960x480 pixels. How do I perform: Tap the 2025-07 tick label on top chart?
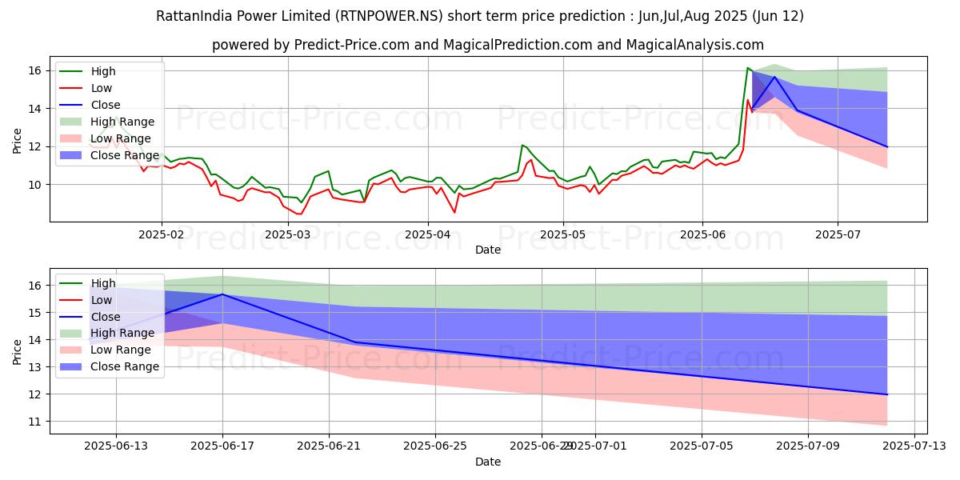(838, 235)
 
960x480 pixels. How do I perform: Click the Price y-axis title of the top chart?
(18, 141)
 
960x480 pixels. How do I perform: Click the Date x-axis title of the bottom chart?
(488, 462)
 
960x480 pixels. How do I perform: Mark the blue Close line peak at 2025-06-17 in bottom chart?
(222, 294)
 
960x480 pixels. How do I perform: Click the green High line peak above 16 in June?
(747, 68)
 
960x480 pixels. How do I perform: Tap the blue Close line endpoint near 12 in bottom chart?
(886, 394)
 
